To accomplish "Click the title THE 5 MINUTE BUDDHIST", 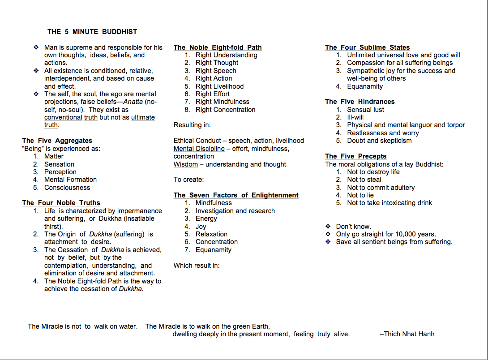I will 92,32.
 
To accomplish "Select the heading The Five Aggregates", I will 57,141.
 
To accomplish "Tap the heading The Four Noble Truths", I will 61,203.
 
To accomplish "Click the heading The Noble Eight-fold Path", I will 218,47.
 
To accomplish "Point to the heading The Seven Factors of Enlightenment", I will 236,195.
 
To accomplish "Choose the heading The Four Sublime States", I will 367,47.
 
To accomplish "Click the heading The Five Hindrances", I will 360,102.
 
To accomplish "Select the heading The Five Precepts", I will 355,156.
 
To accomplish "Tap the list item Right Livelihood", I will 219,86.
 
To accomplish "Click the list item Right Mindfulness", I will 222,102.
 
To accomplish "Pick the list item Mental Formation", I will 70,180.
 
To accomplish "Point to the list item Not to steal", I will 364,180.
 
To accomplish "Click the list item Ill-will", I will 355,117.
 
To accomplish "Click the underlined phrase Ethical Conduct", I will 197,141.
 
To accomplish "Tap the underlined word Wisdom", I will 186,164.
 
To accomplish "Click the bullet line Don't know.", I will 353,227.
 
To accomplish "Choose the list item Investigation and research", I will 235,211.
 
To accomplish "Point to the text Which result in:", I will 197,266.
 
